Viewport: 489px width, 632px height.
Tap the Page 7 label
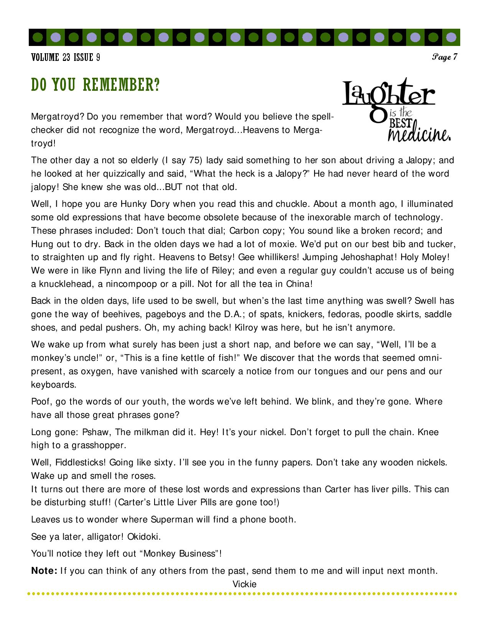coord(445,57)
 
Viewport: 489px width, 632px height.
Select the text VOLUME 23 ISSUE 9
coord(66,57)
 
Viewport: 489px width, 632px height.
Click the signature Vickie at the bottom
coord(244,584)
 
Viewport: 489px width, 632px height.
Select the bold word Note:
coord(44,571)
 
